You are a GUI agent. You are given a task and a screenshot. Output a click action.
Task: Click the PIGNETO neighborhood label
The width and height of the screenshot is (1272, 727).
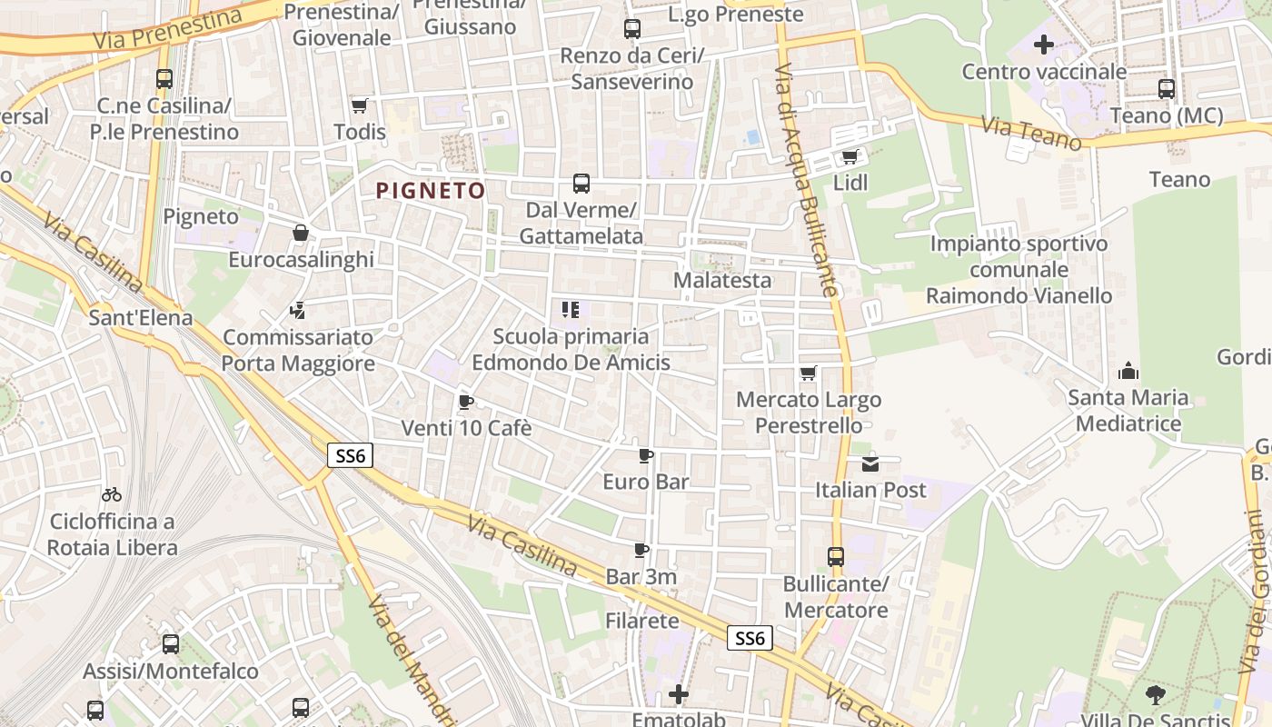[431, 190]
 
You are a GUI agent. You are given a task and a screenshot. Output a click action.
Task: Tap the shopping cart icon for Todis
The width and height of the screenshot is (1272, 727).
[360, 105]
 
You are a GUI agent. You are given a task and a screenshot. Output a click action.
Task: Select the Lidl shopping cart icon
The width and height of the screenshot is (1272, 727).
[850, 156]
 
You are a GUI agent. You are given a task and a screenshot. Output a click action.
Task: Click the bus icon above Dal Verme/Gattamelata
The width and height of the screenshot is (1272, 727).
[581, 184]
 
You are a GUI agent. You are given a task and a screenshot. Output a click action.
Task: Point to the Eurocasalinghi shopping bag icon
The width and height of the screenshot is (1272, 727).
[301, 234]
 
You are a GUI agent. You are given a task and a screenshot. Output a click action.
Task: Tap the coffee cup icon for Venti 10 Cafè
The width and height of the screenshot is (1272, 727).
[466, 402]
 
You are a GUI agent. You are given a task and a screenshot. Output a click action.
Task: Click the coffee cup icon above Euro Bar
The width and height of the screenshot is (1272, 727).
[646, 455]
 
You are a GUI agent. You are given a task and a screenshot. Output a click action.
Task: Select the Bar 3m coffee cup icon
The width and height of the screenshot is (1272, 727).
[641, 550]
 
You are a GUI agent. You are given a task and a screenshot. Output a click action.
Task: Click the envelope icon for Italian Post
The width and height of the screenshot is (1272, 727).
[870, 463]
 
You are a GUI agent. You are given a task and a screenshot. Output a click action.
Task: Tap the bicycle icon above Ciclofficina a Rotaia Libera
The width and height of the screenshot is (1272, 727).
[112, 494]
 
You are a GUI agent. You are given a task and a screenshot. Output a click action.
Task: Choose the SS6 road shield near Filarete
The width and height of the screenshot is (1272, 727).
[750, 638]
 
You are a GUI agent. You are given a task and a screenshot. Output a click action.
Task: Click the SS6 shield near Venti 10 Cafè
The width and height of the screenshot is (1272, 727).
[350, 455]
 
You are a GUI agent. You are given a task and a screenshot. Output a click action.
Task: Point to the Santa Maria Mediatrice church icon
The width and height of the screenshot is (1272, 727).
[1128, 371]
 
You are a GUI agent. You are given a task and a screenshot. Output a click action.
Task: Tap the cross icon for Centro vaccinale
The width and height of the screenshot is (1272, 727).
[1044, 44]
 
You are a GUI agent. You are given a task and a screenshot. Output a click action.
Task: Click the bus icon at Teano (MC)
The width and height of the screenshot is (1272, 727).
[1167, 89]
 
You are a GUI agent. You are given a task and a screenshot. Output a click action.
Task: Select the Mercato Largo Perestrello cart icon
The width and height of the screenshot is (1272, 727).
[809, 373]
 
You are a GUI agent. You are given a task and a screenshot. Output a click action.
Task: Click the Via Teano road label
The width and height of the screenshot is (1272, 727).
[1032, 134]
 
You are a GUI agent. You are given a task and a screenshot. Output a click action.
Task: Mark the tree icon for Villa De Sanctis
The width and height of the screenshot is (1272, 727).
[1156, 695]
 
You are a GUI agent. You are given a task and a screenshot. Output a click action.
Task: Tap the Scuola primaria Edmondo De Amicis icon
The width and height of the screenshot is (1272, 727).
[571, 310]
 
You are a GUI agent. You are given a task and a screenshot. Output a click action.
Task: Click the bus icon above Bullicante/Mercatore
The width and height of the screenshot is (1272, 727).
[836, 556]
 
